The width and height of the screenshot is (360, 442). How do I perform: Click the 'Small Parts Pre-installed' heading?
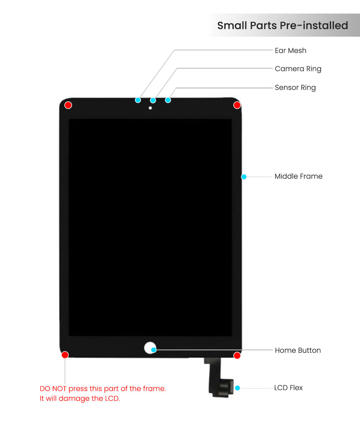pyautogui.click(x=283, y=26)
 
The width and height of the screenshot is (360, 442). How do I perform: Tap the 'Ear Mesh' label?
pyautogui.click(x=290, y=51)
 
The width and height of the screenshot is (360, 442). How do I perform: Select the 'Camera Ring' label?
pyautogui.click(x=298, y=69)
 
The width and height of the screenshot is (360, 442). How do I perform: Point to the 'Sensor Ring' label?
pyautogui.click(x=295, y=87)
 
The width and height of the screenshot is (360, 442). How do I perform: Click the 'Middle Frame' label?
pyautogui.click(x=298, y=176)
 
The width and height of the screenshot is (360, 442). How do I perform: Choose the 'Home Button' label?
pyautogui.click(x=298, y=350)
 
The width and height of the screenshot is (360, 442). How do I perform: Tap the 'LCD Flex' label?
pyautogui.click(x=288, y=388)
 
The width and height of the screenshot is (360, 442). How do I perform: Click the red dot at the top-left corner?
pyautogui.click(x=68, y=105)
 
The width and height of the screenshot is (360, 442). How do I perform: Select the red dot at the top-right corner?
pyautogui.click(x=237, y=105)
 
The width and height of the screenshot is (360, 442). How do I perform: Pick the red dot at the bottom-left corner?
pyautogui.click(x=65, y=355)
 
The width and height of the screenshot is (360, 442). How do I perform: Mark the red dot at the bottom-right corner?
pyautogui.click(x=237, y=355)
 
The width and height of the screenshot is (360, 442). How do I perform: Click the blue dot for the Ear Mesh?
pyautogui.click(x=138, y=100)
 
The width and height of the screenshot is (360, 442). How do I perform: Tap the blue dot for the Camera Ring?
pyautogui.click(x=153, y=100)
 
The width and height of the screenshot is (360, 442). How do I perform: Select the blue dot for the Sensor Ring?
pyautogui.click(x=168, y=100)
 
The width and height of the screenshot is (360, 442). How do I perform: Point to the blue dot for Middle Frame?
pyautogui.click(x=244, y=177)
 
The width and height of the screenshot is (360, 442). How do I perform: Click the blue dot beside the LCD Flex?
pyautogui.click(x=238, y=388)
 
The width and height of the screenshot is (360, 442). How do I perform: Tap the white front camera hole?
pyautogui.click(x=150, y=108)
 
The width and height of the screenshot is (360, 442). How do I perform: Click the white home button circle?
pyautogui.click(x=149, y=347)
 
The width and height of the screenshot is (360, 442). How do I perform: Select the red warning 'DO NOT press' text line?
pyautogui.click(x=103, y=389)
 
